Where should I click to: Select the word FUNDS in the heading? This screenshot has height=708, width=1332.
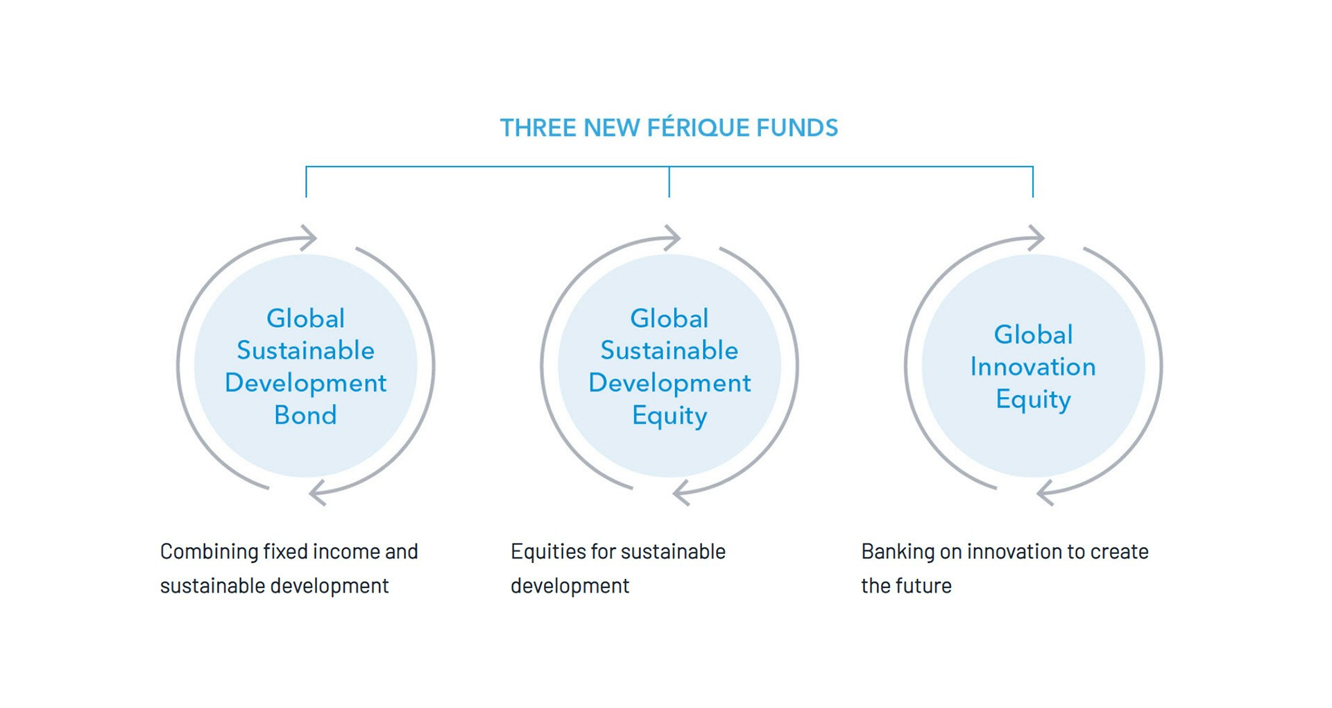(797, 128)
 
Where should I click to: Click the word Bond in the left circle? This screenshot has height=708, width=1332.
(305, 415)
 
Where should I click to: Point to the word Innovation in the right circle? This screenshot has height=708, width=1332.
(1033, 366)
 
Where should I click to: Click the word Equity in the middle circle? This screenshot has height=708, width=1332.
(669, 416)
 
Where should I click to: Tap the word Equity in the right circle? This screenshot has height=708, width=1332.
(1033, 400)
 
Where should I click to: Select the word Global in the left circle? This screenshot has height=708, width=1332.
(305, 318)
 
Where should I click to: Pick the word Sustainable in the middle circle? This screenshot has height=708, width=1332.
(669, 351)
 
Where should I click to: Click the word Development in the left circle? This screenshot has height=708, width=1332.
(305, 383)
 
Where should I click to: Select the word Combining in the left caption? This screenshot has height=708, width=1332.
(209, 553)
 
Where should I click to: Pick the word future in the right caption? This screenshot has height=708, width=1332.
(930, 586)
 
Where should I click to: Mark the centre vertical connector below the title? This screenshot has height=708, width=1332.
(669, 182)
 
